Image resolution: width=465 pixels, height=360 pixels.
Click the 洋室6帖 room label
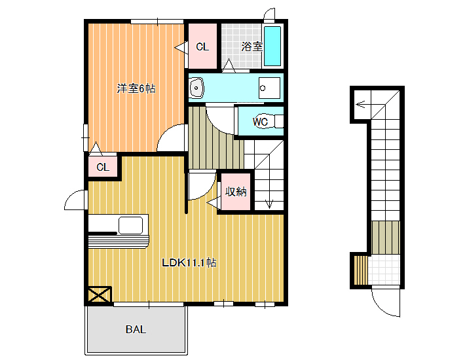pyautogui.click(x=136, y=88)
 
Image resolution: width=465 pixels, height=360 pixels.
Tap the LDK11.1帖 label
pyautogui.click(x=189, y=263)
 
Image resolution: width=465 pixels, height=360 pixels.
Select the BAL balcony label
pyautogui.click(x=136, y=329)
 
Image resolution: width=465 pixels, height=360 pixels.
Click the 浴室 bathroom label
pyautogui.click(x=251, y=46)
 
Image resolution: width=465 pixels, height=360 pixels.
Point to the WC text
pyautogui.click(x=260, y=122)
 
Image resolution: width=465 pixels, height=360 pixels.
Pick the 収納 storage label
pyautogui.click(x=236, y=192)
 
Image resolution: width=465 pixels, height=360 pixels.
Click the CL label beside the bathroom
pyautogui.click(x=202, y=47)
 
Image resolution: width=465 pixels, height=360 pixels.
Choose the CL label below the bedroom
pyautogui.click(x=103, y=168)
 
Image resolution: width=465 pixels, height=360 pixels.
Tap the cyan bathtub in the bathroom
pyautogui.click(x=272, y=46)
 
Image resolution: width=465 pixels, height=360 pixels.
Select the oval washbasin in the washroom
pyautogui.click(x=196, y=88)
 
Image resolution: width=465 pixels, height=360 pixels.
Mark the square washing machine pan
pyautogui.click(x=269, y=88)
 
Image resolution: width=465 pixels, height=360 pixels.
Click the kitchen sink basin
pyautogui.click(x=130, y=225)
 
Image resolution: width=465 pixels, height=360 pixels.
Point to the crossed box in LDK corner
pyautogui.click(x=100, y=295)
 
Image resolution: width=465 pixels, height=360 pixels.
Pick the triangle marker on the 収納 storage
pyautogui.click(x=214, y=203)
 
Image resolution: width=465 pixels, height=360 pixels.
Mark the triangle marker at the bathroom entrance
pyautogui.click(x=229, y=65)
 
